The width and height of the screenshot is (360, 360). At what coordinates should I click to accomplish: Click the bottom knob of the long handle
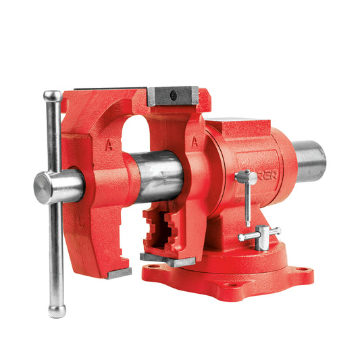pyautogui.click(x=57, y=310)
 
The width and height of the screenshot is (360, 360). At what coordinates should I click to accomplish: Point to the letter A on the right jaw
pyautogui.click(x=195, y=142)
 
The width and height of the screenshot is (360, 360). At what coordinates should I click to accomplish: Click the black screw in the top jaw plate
pyautogui.click(x=174, y=96)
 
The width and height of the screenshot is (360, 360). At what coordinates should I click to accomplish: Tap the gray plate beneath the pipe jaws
pyautogui.click(x=165, y=259)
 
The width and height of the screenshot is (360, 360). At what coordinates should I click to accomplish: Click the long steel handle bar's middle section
pyautogui.click(x=54, y=250)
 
